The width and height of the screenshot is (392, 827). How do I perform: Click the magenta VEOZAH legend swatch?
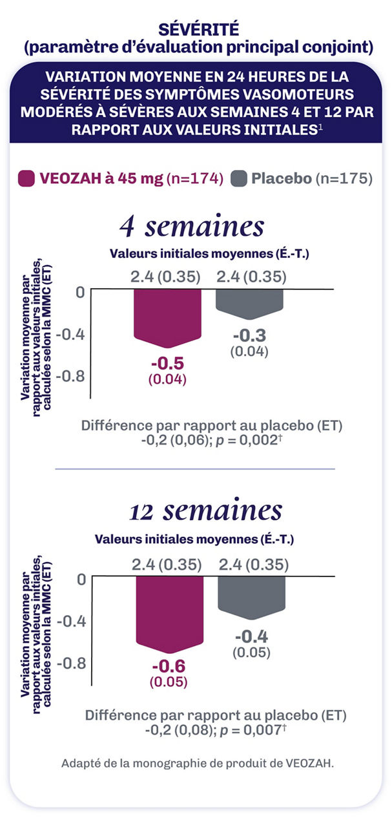[x=26, y=178]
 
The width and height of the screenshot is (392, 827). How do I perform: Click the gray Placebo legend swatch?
[x=238, y=178]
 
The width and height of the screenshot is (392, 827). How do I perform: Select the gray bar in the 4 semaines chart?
[x=249, y=303]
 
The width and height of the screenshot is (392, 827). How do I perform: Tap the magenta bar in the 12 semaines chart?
[x=169, y=614]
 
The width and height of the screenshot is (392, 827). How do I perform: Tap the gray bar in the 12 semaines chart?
[x=251, y=598]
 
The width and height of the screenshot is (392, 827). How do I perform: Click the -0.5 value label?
[x=167, y=362]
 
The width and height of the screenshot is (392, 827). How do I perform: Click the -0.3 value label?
[x=249, y=336]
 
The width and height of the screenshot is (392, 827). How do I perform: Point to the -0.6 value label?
[x=169, y=666]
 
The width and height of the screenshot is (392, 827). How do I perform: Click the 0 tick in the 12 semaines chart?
[x=81, y=579]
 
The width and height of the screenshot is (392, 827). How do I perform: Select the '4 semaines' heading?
[x=191, y=227]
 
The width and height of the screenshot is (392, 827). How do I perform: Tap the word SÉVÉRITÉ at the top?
[x=195, y=29]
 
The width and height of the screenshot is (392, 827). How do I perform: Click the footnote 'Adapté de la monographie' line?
[x=198, y=763]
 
